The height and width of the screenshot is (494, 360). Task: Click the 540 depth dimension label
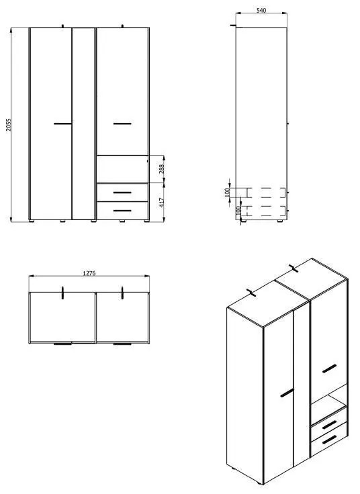click(263, 10)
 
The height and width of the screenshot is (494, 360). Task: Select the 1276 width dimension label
click(89, 273)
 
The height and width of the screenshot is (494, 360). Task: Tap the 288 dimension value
click(161, 168)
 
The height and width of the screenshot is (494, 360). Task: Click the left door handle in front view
click(62, 123)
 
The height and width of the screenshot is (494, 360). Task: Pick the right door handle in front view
click(122, 123)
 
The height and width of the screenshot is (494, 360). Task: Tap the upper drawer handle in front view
click(122, 193)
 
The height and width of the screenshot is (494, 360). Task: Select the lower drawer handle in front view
click(122, 211)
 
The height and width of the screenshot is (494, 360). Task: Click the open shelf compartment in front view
click(122, 169)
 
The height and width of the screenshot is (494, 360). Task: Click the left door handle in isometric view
click(287, 393)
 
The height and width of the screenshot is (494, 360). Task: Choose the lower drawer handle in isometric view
click(329, 440)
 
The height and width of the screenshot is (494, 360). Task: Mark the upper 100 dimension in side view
click(228, 191)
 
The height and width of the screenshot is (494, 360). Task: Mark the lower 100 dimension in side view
click(238, 210)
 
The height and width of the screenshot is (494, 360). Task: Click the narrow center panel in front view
click(83, 125)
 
